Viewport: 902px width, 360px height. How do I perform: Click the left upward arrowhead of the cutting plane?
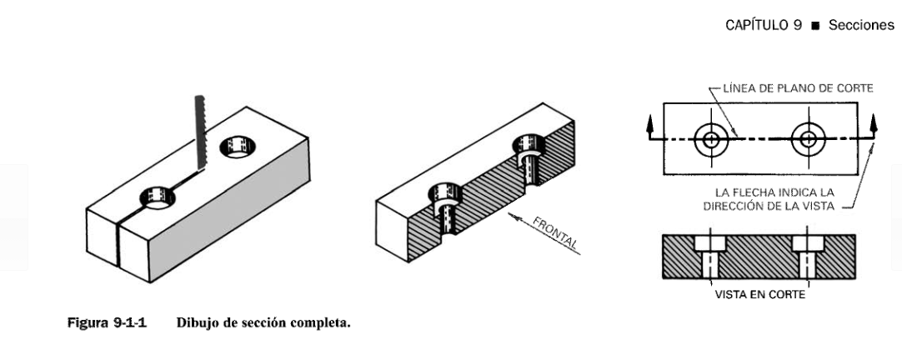point(648,123)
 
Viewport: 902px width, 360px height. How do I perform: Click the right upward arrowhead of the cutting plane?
point(874,123)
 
